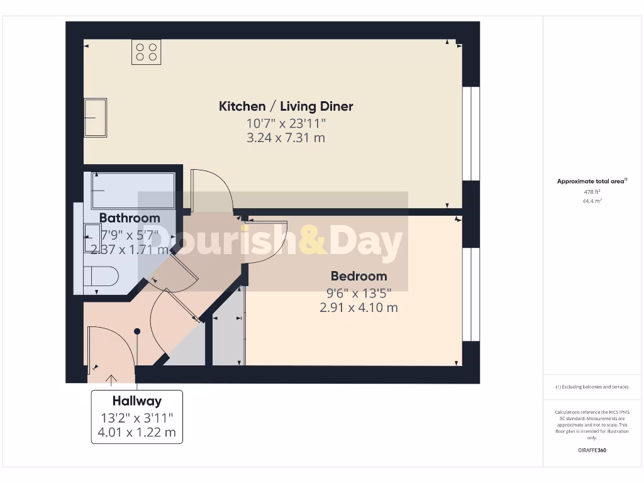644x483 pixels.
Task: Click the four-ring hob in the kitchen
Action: pyautogui.click(x=146, y=52)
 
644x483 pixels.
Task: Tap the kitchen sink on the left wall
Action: pyautogui.click(x=96, y=118)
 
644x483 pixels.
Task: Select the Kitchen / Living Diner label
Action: pyautogui.click(x=286, y=106)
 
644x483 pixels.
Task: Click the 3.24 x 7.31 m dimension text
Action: pyautogui.click(x=286, y=138)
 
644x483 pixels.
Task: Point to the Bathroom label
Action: pyautogui.click(x=130, y=218)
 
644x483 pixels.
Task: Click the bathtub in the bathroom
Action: pyautogui.click(x=133, y=190)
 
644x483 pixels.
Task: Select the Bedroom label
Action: pyautogui.click(x=358, y=276)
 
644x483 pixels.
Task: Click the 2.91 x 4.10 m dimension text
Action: pyautogui.click(x=358, y=308)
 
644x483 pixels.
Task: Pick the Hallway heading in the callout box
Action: pyautogui.click(x=137, y=401)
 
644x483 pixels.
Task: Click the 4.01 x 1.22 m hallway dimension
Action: pyautogui.click(x=137, y=433)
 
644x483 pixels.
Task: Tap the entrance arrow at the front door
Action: pyautogui.click(x=112, y=379)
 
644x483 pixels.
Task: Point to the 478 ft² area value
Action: pyautogui.click(x=591, y=192)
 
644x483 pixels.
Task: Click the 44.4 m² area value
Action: pyautogui.click(x=591, y=201)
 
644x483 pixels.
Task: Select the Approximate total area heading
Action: pyautogui.click(x=591, y=181)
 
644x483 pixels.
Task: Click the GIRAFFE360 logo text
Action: pyautogui.click(x=591, y=450)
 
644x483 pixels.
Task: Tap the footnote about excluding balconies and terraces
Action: pyautogui.click(x=591, y=387)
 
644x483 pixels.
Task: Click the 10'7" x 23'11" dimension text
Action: pyautogui.click(x=286, y=123)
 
